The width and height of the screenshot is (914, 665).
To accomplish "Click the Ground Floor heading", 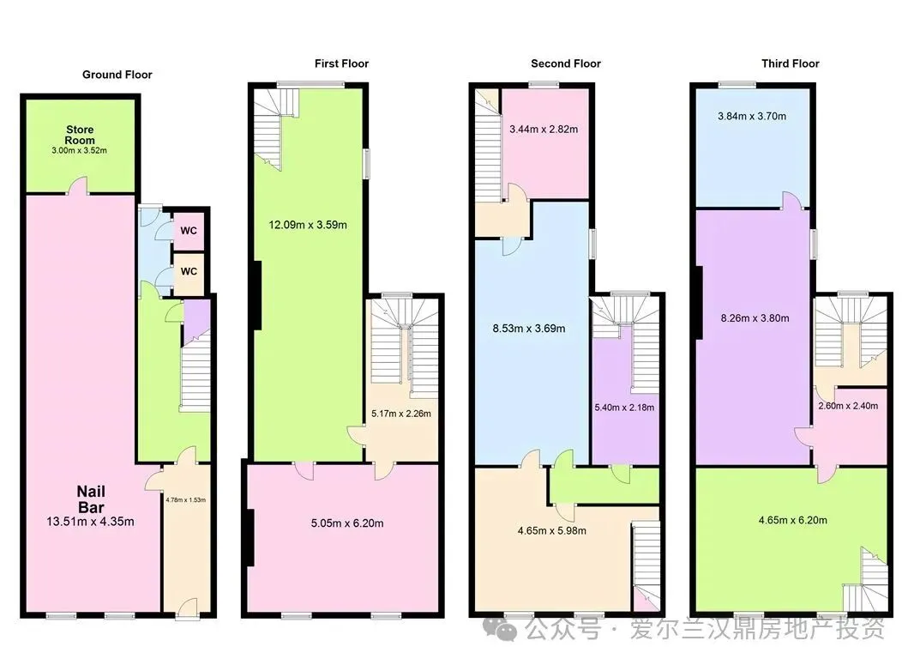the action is pos(117,75).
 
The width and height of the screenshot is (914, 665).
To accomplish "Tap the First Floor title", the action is pos(341,63).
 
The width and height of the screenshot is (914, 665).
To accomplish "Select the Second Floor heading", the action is pos(565,63).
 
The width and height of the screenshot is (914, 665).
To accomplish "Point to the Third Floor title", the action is pos(790,63).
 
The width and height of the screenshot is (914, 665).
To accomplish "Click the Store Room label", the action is pos(80,135).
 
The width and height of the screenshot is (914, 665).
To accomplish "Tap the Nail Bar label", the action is pos(92,499).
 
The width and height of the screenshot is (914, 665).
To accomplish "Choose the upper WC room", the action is pos(189,231).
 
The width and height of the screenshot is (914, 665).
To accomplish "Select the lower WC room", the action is pos(189,272).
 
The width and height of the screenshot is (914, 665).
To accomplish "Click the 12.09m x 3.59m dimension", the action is pos(308,225).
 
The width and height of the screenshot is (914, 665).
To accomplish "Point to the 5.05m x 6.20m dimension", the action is pos(347,523).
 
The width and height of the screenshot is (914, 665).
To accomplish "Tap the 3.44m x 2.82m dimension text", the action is pos(544,130).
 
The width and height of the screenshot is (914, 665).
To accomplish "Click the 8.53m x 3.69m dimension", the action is pos(529,329).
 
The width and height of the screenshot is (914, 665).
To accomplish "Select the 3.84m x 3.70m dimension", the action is pos(752,116).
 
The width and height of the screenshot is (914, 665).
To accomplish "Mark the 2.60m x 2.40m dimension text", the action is pos(848,406).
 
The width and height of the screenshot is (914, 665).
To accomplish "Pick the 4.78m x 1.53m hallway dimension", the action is pos(185,500).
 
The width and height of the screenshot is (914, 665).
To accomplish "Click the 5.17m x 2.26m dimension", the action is pos(401,414).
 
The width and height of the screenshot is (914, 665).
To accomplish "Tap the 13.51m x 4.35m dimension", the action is pos(90,522).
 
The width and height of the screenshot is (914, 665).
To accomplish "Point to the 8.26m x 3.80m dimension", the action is pos(755,318).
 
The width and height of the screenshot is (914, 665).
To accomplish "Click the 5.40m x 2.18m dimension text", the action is pos(624,408).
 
